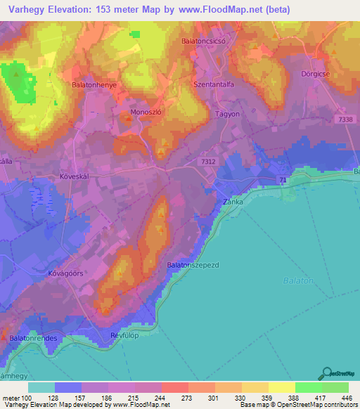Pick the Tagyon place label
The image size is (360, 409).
point(227,114)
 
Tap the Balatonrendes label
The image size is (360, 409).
point(33,339)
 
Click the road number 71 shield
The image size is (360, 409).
point(282,181)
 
